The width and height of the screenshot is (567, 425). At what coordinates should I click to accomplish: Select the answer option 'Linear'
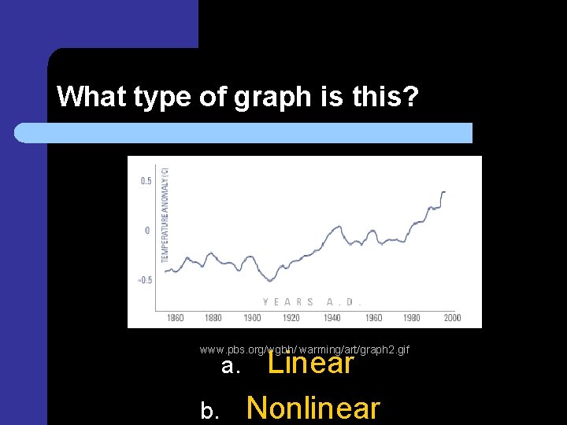pos(311,363)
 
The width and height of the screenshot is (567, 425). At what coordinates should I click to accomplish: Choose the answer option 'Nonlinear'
pos(313,408)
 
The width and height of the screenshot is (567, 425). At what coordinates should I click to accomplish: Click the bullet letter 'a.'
pos(230,366)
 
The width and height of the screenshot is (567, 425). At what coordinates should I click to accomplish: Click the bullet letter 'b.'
pos(210,411)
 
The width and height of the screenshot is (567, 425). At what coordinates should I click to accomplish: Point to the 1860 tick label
pos(176,318)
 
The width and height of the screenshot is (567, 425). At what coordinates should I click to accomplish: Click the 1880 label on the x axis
pos(213,318)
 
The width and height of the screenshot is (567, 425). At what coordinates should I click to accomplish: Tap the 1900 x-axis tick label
pos(252,318)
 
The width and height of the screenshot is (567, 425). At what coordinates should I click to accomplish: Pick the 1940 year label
pos(332,318)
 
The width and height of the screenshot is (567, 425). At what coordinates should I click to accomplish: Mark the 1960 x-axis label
pos(373,318)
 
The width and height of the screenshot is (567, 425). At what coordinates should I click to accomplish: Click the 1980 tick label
pos(412,318)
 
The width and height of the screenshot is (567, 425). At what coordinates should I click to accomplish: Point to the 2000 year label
pos(451,318)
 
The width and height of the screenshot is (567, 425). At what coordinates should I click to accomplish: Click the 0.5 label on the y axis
pos(146,181)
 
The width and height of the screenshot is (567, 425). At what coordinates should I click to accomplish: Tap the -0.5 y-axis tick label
pos(145,280)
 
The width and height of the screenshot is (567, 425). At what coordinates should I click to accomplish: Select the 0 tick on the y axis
pos(146,231)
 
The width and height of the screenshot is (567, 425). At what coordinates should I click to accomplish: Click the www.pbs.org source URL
pos(304,349)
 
